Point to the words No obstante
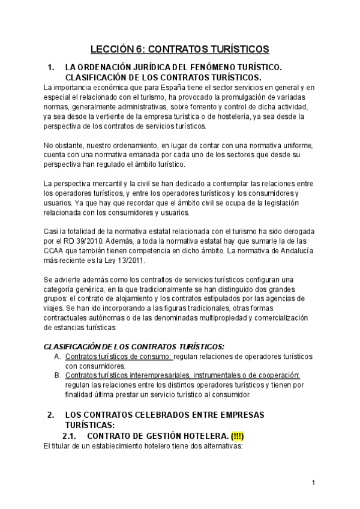(62, 145)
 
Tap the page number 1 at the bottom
(313, 483)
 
